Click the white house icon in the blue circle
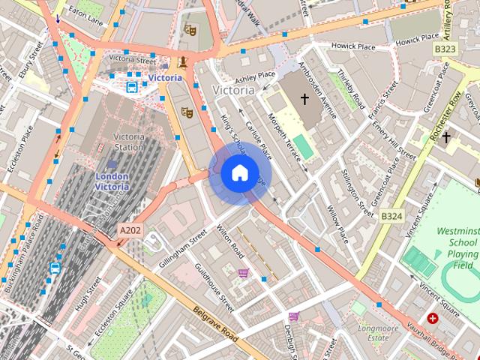(238, 172)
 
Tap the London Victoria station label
(112, 181)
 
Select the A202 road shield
(130, 231)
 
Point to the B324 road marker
(391, 216)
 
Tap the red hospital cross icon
(433, 319)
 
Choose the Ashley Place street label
(255, 76)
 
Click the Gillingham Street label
(182, 250)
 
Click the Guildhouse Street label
(214, 287)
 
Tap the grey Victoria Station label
(127, 142)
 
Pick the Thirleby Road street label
(350, 90)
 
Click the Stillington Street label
(356, 190)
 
